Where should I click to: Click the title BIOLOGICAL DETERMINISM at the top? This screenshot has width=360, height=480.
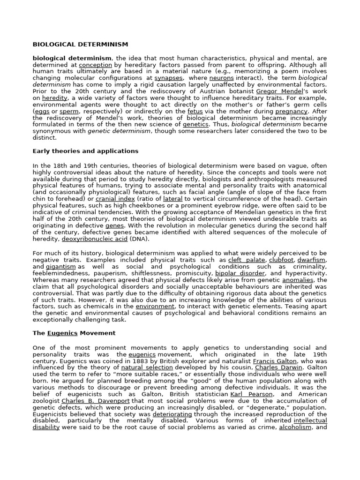click(80, 45)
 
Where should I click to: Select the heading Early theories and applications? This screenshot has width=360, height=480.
click(85, 151)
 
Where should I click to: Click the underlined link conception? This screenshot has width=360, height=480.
click(96, 65)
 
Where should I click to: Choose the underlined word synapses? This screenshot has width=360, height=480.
click(169, 78)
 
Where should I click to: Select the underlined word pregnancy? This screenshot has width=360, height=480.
click(291, 112)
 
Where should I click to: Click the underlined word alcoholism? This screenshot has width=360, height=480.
click(295, 427)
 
